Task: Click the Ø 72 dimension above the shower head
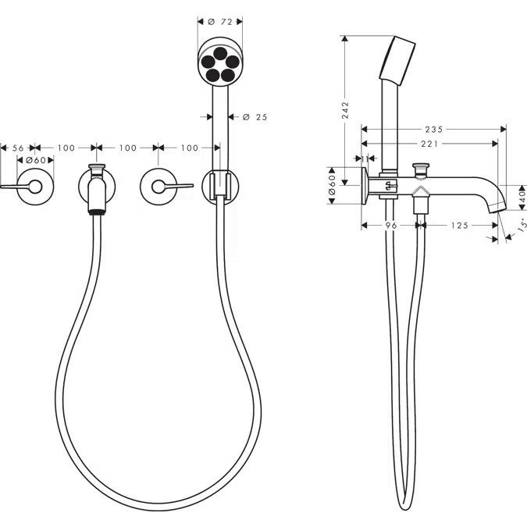tap(219, 23)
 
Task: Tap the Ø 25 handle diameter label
tap(255, 117)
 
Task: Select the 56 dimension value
tap(19, 148)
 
